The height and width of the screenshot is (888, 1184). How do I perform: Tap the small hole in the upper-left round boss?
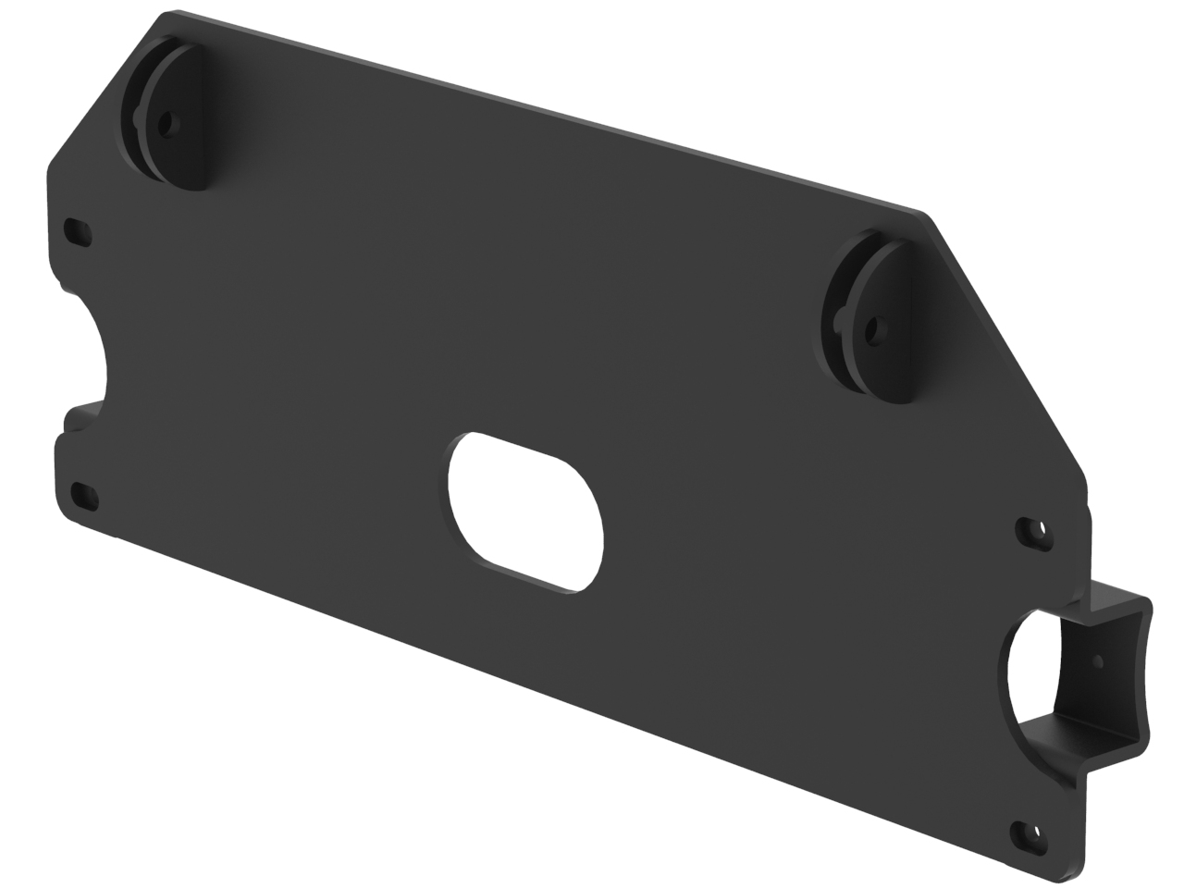(x=166, y=121)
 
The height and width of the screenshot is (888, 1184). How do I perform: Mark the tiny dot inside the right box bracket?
(x=1098, y=660)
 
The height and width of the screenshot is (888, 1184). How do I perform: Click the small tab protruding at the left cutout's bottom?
(x=82, y=412)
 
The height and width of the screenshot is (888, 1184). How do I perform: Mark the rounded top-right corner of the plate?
(x=925, y=215)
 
